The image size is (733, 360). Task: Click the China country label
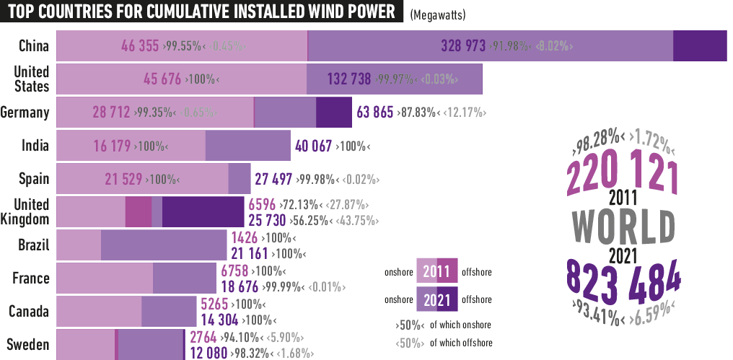[34, 46]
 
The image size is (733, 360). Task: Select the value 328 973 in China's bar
[462, 46]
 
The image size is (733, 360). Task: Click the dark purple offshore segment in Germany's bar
[333, 113]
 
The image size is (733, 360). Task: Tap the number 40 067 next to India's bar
[314, 146]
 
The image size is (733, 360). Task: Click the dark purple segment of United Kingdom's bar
[203, 212]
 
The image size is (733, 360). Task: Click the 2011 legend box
[437, 272]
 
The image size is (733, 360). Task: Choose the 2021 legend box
[437, 299]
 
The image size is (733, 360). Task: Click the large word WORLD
[623, 226]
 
